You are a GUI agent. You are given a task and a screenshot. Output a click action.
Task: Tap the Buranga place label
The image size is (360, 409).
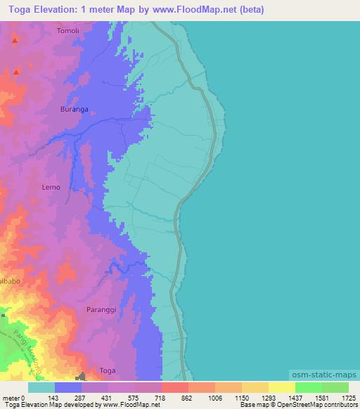point(75,110)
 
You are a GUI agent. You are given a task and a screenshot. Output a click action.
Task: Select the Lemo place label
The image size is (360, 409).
point(51,187)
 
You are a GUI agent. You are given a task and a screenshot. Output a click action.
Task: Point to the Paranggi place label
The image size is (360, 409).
point(101,309)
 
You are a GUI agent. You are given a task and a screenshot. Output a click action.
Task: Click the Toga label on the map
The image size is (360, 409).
point(108,370)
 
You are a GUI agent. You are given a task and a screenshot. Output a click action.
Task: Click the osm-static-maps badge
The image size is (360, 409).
point(323,375)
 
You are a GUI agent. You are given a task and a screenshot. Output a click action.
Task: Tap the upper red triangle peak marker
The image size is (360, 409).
point(14,39)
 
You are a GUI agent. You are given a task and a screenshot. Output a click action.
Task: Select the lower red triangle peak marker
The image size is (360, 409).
point(15,71)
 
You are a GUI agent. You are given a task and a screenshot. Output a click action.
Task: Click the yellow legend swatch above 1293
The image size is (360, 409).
point(255,387)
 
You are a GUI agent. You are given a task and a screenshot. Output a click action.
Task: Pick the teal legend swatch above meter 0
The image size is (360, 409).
point(41,387)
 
